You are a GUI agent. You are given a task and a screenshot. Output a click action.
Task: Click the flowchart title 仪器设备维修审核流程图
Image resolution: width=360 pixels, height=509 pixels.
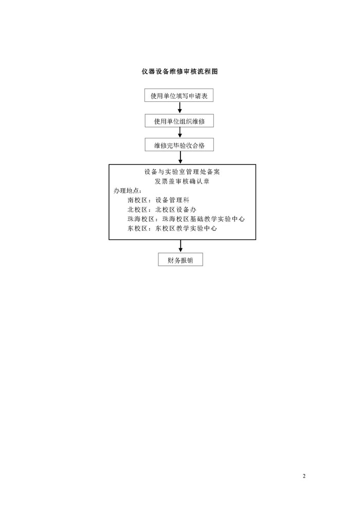[179, 71]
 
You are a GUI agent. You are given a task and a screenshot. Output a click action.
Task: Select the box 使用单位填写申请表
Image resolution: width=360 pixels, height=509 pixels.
[179, 96]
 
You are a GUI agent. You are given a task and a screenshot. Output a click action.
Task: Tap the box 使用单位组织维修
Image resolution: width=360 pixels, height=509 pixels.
[179, 121]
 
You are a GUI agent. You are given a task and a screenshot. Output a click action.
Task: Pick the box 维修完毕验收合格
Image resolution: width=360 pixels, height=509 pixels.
[179, 145]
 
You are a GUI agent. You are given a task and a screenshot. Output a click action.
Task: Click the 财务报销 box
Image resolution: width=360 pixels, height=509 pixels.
[181, 260]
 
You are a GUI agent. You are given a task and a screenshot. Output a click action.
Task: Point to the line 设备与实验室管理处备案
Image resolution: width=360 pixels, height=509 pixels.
[182, 172]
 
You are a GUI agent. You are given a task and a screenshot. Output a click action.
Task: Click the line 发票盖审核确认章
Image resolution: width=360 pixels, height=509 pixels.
[182, 181]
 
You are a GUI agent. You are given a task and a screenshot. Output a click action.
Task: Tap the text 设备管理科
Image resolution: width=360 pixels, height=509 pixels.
[172, 200]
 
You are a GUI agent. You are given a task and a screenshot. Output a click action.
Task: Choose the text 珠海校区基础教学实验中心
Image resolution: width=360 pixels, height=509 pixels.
[204, 219]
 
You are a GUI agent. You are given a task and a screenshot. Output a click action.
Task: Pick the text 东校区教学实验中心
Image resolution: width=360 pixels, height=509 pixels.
[186, 228]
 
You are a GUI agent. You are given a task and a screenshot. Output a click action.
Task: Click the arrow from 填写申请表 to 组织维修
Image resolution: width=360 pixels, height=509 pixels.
[179, 108]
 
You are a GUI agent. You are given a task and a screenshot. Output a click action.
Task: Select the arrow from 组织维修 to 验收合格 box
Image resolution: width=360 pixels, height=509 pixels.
[179, 133]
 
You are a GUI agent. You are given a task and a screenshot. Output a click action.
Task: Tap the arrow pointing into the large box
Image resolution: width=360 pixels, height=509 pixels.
[180, 157]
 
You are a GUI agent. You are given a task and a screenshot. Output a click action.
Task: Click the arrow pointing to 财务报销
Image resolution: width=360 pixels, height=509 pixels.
[181, 246]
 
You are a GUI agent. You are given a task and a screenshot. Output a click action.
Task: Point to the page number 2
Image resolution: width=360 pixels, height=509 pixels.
[304, 476]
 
